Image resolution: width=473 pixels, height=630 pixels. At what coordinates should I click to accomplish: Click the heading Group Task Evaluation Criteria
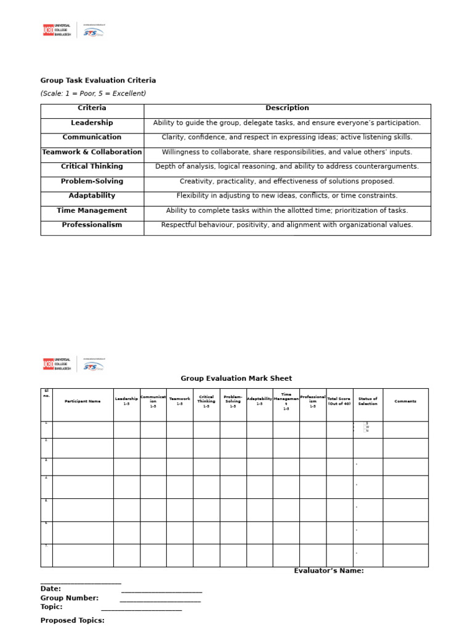click(98, 81)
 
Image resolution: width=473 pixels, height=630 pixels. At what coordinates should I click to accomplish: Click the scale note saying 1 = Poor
click(93, 94)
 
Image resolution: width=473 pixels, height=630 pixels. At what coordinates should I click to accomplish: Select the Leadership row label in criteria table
click(92, 123)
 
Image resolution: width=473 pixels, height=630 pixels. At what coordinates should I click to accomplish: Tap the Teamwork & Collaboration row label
click(92, 152)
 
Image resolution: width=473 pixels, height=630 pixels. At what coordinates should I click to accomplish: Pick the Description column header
click(287, 108)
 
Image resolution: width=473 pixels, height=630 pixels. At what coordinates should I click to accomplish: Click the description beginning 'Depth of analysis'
click(287, 167)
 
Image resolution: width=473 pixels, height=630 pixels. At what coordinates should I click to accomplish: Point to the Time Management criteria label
click(92, 210)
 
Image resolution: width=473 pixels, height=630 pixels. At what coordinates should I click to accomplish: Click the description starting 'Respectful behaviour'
click(287, 225)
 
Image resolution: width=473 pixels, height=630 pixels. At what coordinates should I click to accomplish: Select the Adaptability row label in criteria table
click(92, 196)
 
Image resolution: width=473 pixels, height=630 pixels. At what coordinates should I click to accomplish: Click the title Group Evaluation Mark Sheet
click(236, 378)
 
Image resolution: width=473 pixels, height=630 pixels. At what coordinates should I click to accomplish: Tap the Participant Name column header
click(83, 401)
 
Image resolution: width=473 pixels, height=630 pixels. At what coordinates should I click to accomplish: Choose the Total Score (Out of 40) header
click(339, 401)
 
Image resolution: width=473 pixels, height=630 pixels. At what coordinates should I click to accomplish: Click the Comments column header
click(405, 401)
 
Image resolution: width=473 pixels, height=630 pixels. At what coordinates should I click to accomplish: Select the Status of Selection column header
click(368, 401)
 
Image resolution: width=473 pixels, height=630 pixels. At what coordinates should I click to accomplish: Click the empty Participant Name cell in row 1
click(83, 429)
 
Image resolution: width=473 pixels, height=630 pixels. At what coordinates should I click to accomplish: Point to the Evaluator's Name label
click(328, 571)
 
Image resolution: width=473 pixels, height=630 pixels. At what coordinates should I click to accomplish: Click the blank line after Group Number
click(160, 599)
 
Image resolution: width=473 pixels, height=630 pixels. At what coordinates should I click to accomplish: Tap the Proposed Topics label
click(72, 620)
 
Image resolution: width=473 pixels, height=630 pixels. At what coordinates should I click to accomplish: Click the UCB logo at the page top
click(57, 30)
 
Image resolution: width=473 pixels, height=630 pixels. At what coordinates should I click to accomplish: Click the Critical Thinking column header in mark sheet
click(206, 401)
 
